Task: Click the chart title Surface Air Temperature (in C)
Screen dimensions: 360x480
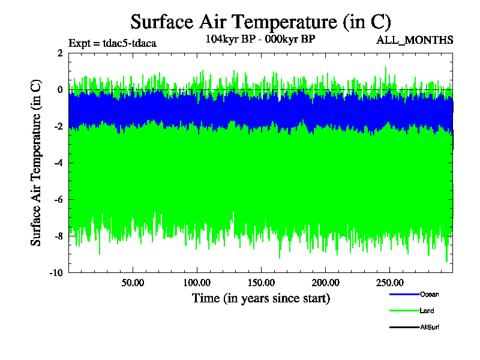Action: tap(260, 22)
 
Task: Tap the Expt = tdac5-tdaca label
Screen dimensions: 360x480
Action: tap(113, 43)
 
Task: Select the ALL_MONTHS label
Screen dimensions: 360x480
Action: tap(414, 41)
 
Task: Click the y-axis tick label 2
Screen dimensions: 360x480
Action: tap(60, 53)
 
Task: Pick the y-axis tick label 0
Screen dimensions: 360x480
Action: tap(60, 90)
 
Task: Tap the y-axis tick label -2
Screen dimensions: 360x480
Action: tap(58, 127)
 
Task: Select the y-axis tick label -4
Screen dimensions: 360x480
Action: tap(58, 163)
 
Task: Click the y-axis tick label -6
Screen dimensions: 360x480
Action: tap(58, 200)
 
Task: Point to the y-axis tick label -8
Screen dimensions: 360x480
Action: tap(58, 236)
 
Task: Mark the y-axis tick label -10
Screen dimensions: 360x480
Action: tap(56, 273)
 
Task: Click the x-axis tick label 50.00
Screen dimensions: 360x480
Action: tap(133, 282)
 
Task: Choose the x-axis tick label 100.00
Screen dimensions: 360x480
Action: tap(197, 282)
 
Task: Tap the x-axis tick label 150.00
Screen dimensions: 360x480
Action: tap(261, 282)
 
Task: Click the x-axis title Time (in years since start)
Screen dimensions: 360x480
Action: tap(260, 298)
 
